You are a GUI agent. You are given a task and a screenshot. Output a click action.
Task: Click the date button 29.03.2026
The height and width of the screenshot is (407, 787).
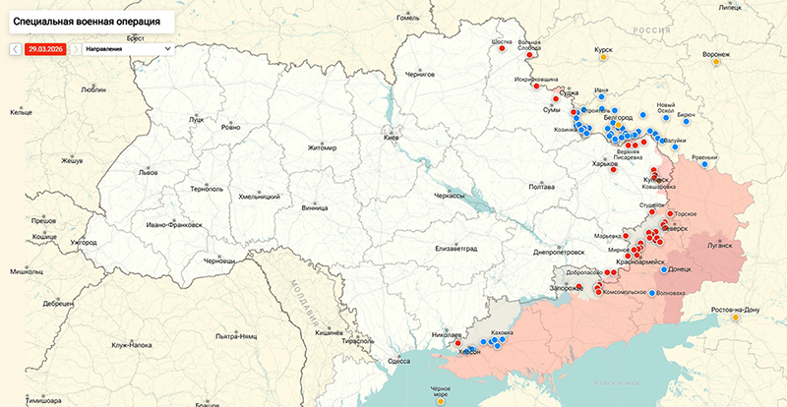click(x=46, y=48)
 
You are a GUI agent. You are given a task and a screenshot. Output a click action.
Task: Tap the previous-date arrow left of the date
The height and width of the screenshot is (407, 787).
click(x=16, y=48)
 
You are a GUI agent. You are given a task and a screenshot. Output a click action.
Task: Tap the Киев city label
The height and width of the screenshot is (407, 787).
click(x=392, y=139)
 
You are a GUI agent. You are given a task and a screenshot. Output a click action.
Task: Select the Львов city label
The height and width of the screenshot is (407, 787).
click(x=120, y=171)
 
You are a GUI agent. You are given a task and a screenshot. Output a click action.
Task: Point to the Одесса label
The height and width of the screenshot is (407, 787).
click(x=398, y=361)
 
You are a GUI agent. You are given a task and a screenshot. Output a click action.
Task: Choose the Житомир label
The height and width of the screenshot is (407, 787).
click(x=322, y=148)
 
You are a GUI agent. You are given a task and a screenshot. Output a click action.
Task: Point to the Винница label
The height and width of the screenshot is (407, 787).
click(x=315, y=208)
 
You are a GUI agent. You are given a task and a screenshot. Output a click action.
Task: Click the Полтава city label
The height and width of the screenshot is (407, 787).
click(x=542, y=186)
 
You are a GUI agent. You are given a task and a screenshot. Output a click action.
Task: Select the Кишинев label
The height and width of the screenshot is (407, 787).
click(x=328, y=333)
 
